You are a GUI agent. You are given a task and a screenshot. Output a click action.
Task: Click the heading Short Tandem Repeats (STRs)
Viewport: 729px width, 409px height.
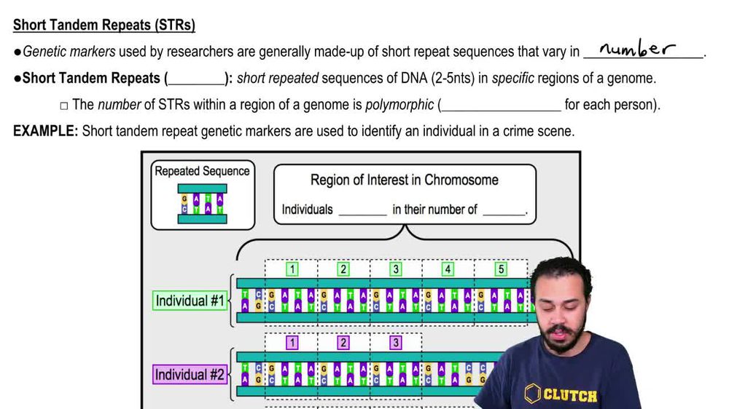[104, 25]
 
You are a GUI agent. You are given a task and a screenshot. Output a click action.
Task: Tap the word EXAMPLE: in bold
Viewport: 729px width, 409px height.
[45, 132]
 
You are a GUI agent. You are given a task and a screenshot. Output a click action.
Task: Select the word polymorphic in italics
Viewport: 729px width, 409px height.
[399, 105]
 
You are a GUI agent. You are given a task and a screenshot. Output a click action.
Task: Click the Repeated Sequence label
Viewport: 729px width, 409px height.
[202, 171]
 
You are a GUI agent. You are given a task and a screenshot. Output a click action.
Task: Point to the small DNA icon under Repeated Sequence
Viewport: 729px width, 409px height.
[202, 204]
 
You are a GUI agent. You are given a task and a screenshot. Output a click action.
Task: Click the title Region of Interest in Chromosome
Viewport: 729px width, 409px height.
[404, 180]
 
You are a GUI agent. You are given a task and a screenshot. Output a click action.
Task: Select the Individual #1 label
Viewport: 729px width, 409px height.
[190, 301]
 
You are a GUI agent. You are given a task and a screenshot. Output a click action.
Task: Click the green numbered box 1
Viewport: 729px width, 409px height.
[292, 269]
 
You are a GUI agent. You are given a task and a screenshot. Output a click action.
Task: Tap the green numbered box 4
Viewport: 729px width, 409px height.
[448, 269]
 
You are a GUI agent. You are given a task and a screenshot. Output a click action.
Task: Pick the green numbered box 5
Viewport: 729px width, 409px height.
[501, 269]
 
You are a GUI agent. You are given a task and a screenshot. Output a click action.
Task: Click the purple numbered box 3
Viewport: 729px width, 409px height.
[396, 343]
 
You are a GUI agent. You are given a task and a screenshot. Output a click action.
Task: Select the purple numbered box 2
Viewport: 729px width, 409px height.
[343, 343]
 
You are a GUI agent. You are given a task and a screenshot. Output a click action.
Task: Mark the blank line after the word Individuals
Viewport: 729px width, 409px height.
[362, 211]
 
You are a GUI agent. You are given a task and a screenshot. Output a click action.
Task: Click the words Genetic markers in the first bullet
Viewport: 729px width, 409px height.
[58, 52]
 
